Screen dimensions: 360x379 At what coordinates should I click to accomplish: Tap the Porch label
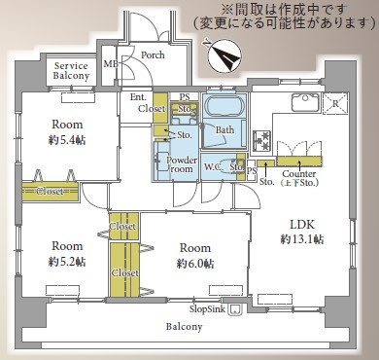tap(152, 55)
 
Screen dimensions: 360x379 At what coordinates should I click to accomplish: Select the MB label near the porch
tap(110, 65)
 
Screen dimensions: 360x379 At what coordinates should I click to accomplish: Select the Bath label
tap(224, 129)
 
